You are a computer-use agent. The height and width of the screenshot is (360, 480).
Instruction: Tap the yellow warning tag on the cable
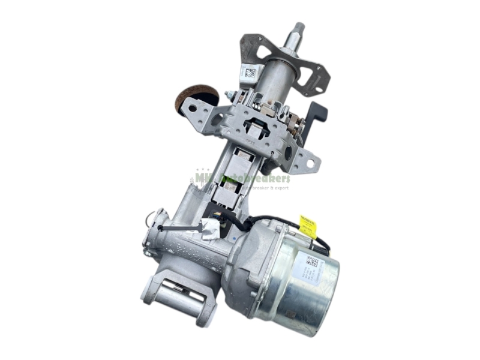pyautogui.click(x=308, y=227)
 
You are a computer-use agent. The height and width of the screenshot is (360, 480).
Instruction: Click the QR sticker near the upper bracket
pyautogui.click(x=250, y=73)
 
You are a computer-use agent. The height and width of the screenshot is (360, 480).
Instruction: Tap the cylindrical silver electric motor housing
pyautogui.click(x=303, y=288)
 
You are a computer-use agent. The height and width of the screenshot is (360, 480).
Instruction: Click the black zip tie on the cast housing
pyautogui.click(x=174, y=227)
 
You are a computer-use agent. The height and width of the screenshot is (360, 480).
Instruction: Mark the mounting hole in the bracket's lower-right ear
pyautogui.click(x=311, y=162)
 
